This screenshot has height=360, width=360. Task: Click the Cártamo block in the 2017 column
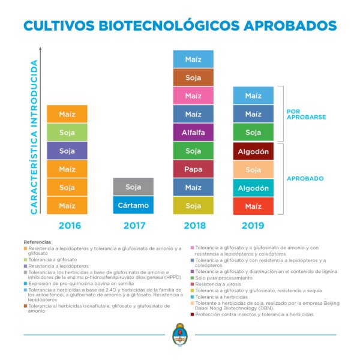[x=133, y=205]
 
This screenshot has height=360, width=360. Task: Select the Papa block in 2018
[x=193, y=169]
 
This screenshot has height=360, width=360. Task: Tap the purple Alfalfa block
[x=193, y=132]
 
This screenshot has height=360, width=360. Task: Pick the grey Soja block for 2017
[x=133, y=187]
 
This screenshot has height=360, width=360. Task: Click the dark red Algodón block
[x=253, y=151]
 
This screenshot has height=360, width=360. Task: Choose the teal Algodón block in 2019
[x=253, y=188]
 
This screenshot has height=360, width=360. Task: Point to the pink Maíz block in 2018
[x=193, y=95]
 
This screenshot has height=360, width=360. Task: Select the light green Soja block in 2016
[x=67, y=132]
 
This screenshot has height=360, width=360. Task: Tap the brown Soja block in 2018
[x=193, y=77]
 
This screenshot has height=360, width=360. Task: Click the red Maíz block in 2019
[x=253, y=206]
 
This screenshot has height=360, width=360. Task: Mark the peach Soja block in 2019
[x=253, y=170]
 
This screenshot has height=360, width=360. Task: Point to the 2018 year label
[x=193, y=226]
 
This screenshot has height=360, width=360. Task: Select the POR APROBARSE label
[x=306, y=113]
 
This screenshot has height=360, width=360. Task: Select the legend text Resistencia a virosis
[x=218, y=283]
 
